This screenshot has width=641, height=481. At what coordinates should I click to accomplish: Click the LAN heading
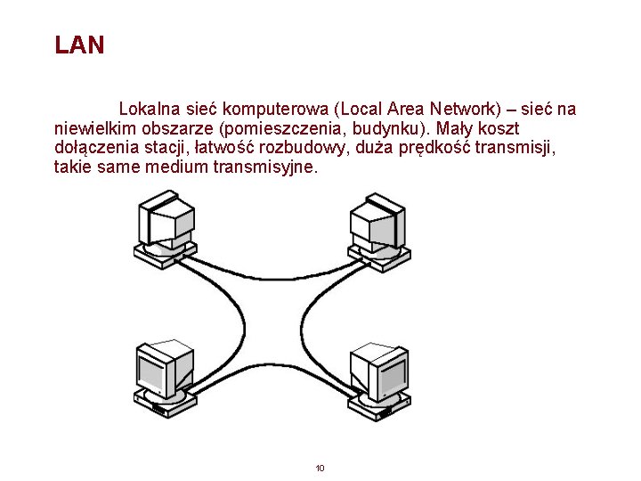[x=79, y=45]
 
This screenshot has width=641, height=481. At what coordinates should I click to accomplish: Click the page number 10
[x=320, y=468]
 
